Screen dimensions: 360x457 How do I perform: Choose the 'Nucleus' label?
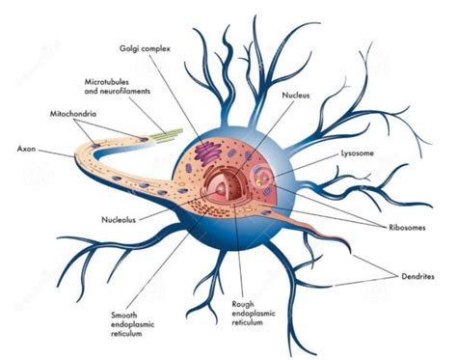pos(296,96)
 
